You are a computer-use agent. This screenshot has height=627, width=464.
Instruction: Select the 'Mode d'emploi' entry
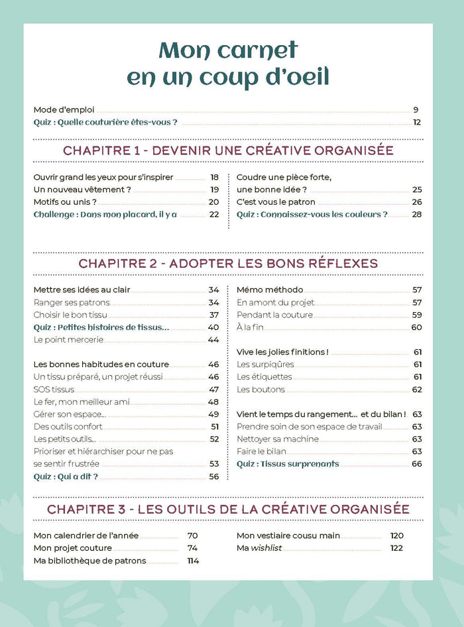pyautogui.click(x=64, y=110)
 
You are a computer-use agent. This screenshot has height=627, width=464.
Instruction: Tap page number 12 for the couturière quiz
pyautogui.click(x=417, y=123)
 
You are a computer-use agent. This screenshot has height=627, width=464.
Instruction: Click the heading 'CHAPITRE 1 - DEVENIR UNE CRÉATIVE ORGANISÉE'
pyautogui.click(x=228, y=150)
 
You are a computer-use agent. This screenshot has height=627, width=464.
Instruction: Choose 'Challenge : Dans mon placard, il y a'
pyautogui.click(x=105, y=215)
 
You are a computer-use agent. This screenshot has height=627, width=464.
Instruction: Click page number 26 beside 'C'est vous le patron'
pyautogui.click(x=417, y=202)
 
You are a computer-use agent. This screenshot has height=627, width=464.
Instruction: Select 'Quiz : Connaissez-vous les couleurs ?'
pyautogui.click(x=312, y=215)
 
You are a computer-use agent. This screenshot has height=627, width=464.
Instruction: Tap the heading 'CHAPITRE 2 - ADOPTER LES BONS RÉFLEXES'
pyautogui.click(x=228, y=263)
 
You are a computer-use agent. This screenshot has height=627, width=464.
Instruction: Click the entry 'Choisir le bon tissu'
pyautogui.click(x=70, y=315)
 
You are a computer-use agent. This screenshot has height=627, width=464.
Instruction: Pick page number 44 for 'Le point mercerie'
pyautogui.click(x=213, y=340)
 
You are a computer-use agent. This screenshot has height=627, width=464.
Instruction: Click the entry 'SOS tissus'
pyautogui.click(x=54, y=390)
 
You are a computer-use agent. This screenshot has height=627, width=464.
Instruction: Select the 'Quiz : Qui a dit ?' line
pyautogui.click(x=66, y=477)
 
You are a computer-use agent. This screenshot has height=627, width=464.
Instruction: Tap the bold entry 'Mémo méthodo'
pyautogui.click(x=270, y=290)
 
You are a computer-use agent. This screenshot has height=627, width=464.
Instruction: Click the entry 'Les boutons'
pyautogui.click(x=261, y=390)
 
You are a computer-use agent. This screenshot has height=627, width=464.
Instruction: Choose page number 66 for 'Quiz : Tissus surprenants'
pyautogui.click(x=417, y=464)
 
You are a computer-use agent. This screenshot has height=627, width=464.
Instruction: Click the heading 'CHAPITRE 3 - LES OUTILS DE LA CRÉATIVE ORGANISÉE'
pyautogui.click(x=228, y=509)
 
